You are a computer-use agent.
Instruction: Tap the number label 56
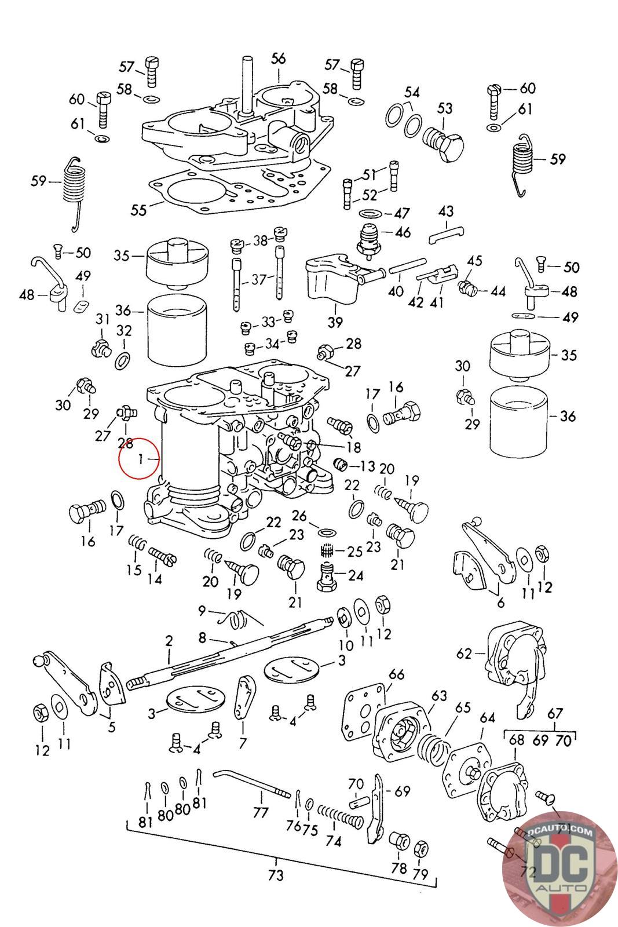(x=279, y=59)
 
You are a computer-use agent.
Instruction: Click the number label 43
(x=446, y=211)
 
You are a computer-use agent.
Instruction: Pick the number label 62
(x=464, y=654)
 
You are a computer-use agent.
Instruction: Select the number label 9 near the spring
(x=202, y=610)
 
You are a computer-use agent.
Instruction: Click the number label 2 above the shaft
(x=169, y=641)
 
